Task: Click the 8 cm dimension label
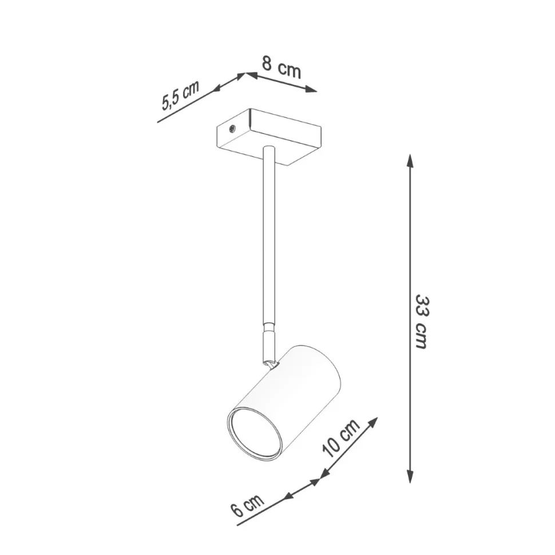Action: pyautogui.click(x=282, y=68)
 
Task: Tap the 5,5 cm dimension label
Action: pyautogui.click(x=180, y=96)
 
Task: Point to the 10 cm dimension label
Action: pyautogui.click(x=340, y=438)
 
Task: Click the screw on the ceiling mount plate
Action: pyautogui.click(x=232, y=129)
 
